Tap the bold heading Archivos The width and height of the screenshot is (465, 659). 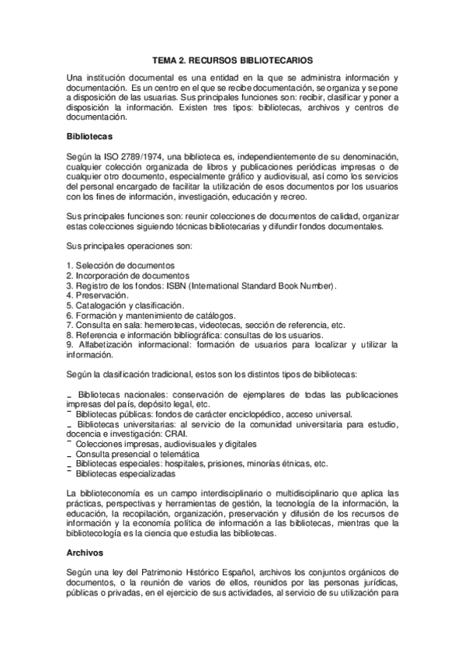coord(85,553)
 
